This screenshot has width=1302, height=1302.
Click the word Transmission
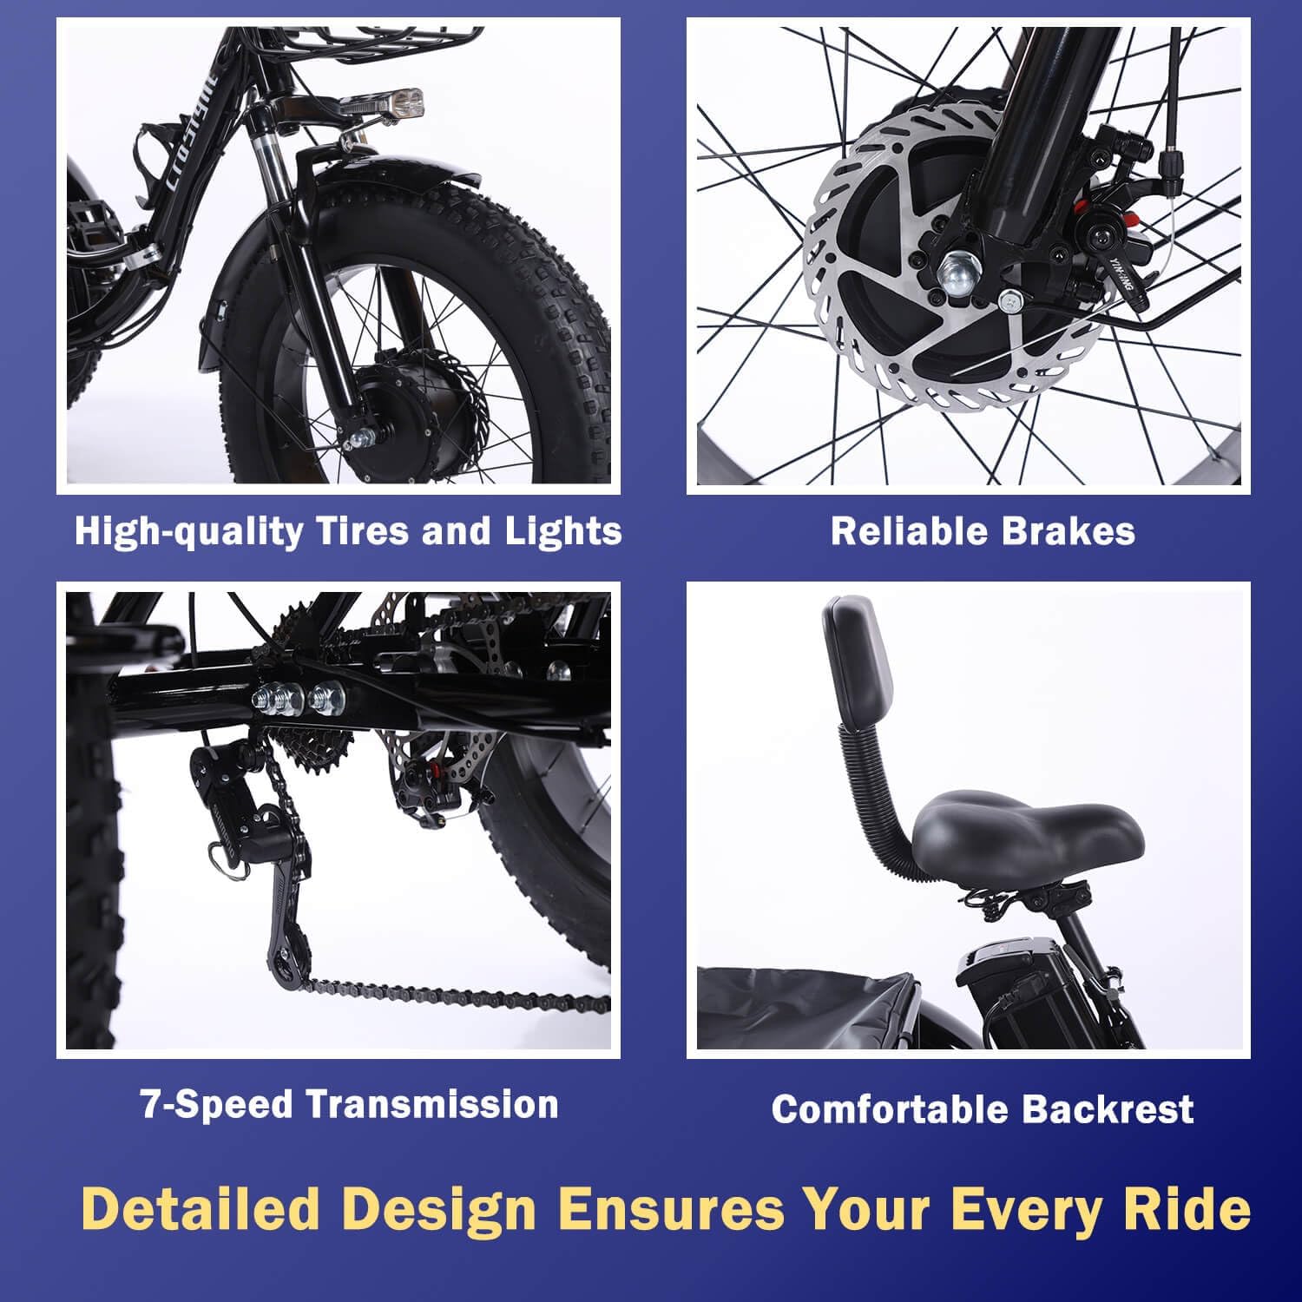(x=431, y=1104)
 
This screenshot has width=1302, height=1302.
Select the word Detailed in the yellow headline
(x=201, y=1208)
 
